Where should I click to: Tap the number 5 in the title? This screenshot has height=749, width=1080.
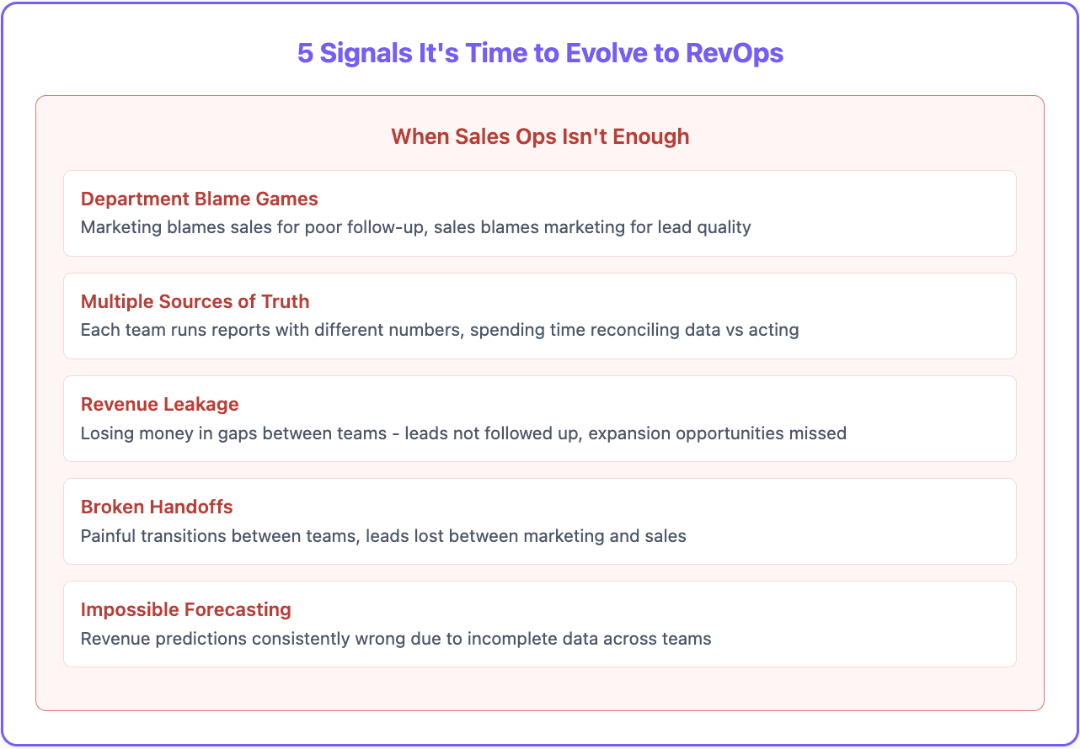pyautogui.click(x=305, y=53)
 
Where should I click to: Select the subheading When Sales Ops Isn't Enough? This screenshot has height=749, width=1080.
pyautogui.click(x=540, y=136)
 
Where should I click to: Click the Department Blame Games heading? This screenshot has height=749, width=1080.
pyautogui.click(x=200, y=199)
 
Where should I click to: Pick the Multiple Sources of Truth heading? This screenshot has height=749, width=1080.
pyautogui.click(x=195, y=302)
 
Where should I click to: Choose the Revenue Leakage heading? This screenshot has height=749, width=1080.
pyautogui.click(x=160, y=405)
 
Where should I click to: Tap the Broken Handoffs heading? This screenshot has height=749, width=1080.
pyautogui.click(x=157, y=507)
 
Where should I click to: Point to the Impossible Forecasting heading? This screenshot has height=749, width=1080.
pyautogui.click(x=186, y=610)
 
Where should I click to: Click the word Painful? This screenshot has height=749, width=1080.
pyautogui.click(x=109, y=535)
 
